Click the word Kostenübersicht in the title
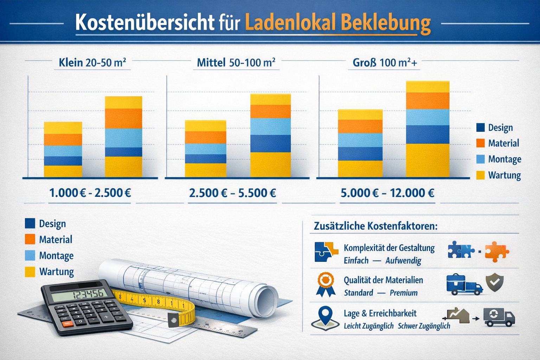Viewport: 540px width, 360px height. [x=144, y=23]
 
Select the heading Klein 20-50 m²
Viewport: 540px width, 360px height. [x=92, y=63]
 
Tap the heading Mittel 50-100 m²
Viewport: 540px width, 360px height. [x=236, y=63]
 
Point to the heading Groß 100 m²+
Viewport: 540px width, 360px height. [x=385, y=63]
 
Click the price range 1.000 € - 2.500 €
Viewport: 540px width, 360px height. [x=90, y=193]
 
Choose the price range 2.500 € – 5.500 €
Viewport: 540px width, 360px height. [x=232, y=193]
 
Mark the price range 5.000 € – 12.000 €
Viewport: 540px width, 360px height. [x=387, y=193]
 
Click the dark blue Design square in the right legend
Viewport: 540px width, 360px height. [x=480, y=127]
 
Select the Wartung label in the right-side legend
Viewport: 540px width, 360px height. [x=504, y=175]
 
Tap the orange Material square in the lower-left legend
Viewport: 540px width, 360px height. [x=30, y=239]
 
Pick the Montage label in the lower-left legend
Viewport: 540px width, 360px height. [x=56, y=256]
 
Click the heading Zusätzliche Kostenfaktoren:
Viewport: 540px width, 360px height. [x=375, y=226]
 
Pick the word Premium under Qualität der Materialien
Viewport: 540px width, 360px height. [x=403, y=293]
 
